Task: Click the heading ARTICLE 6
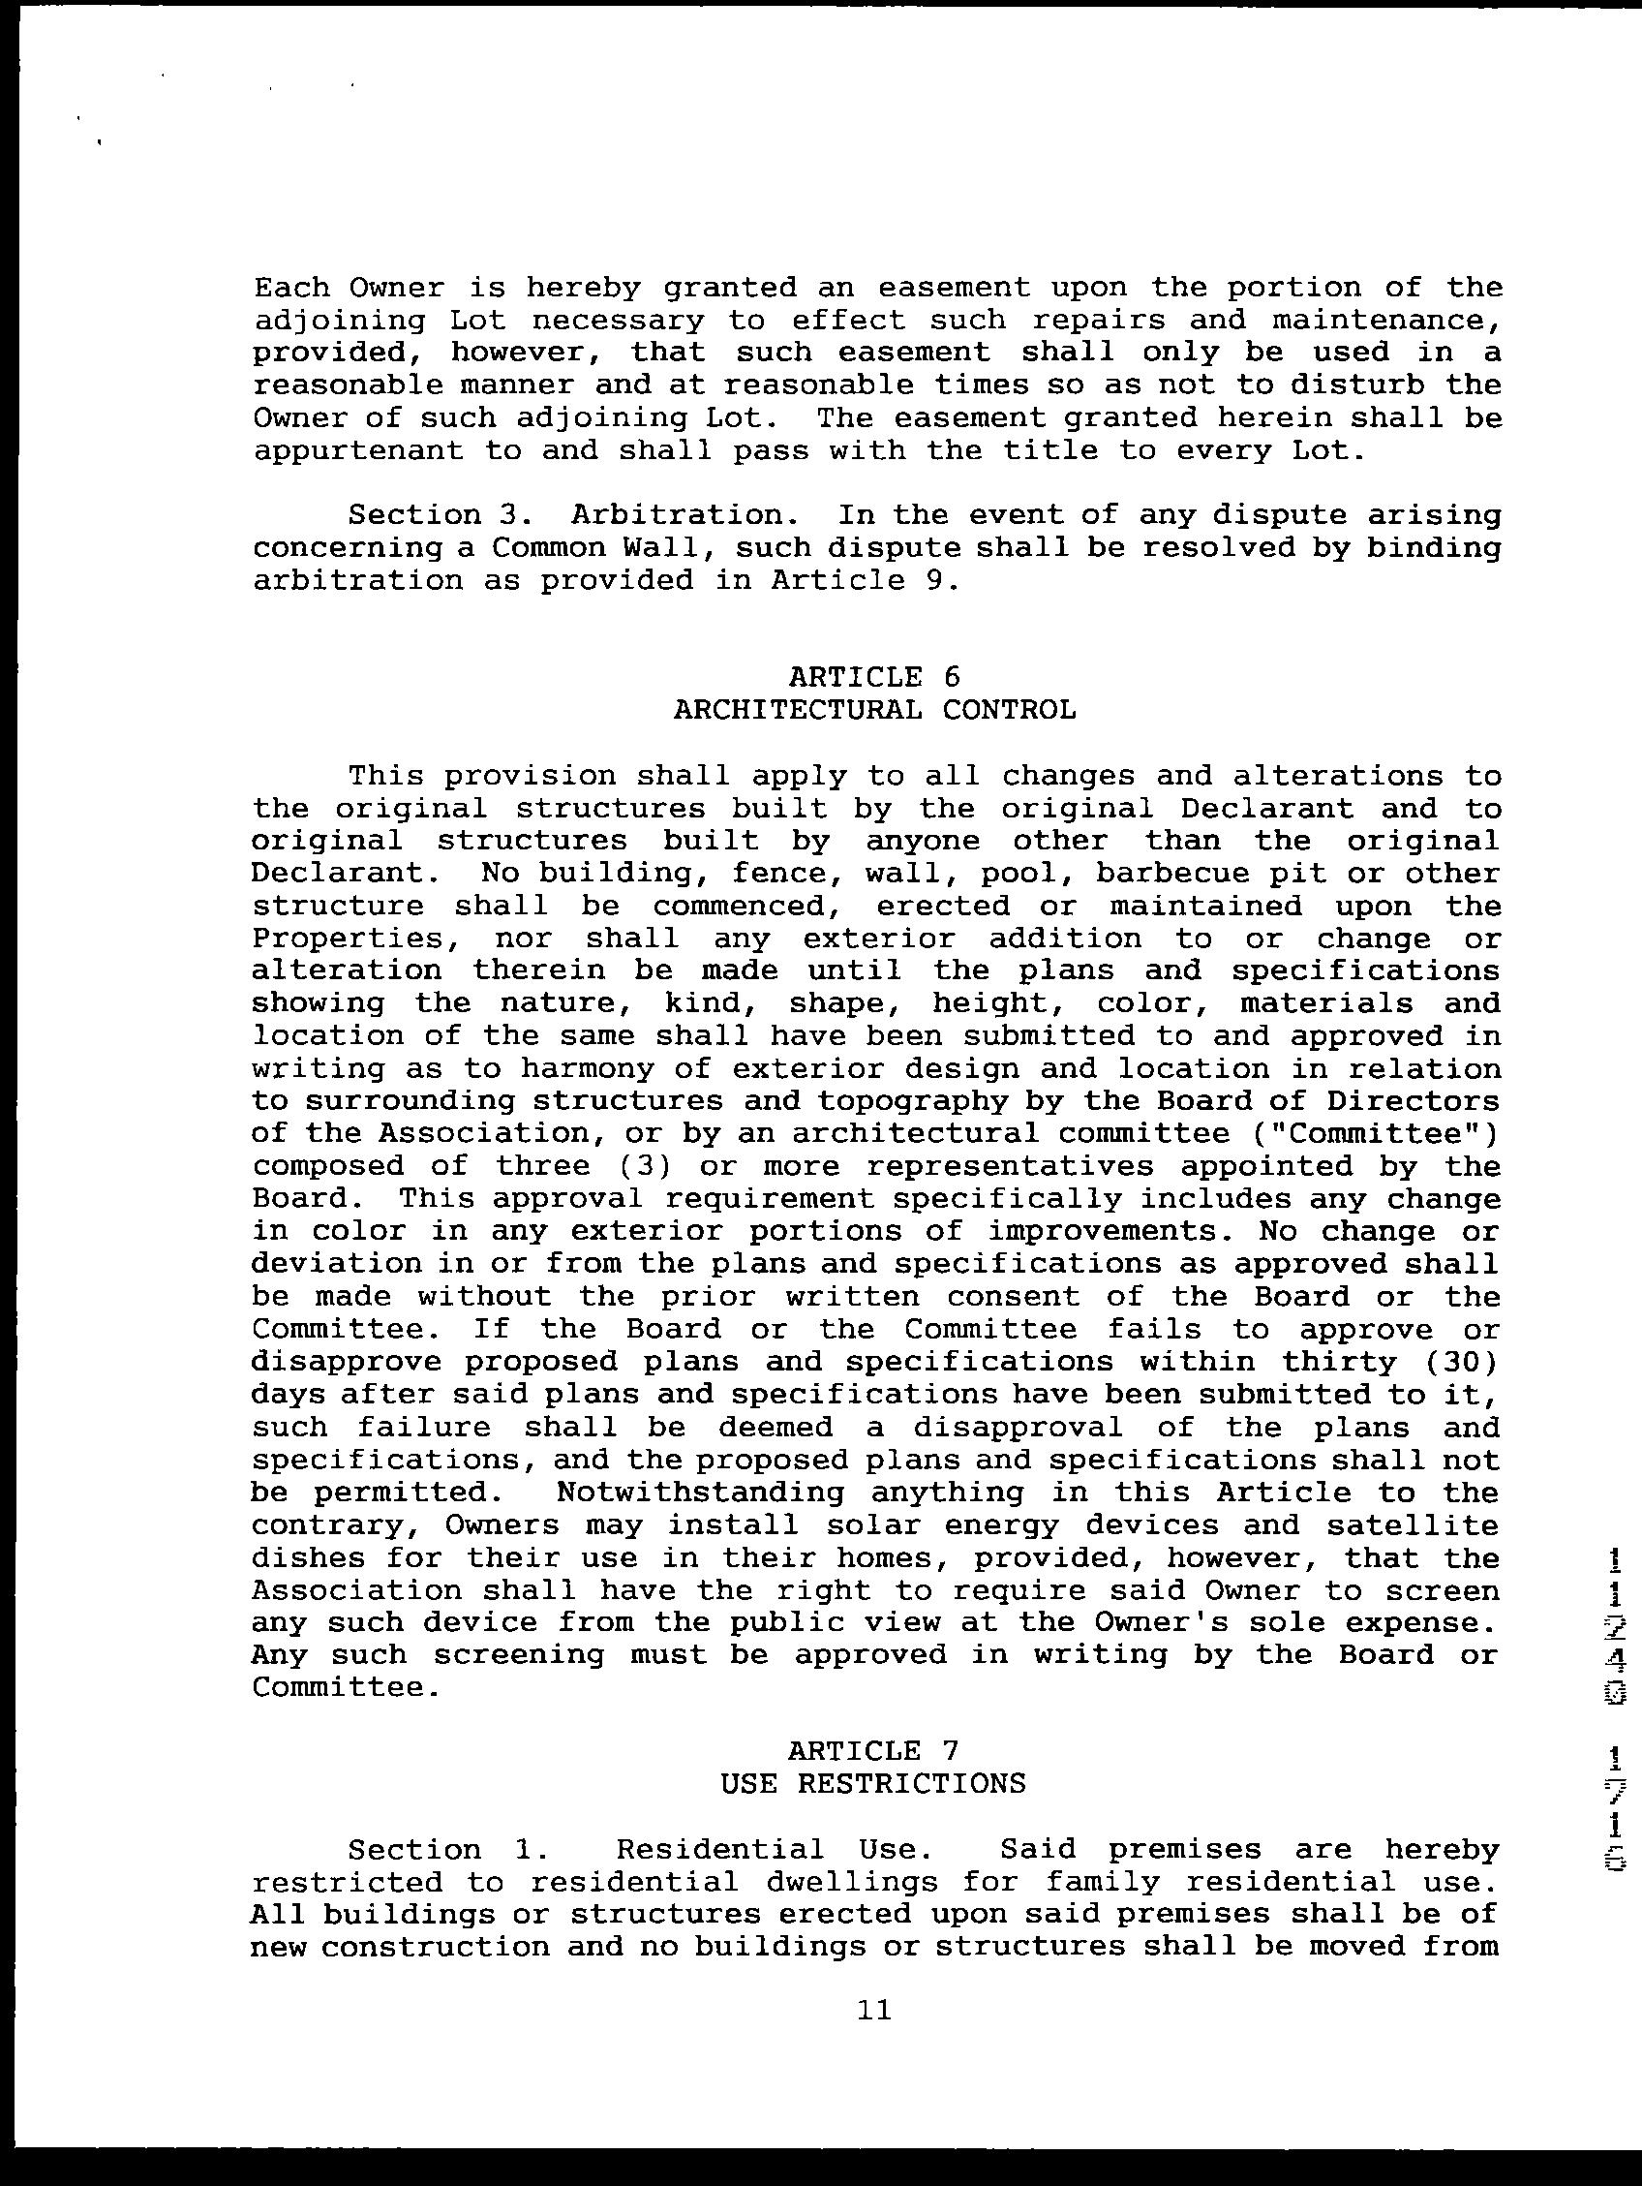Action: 873,677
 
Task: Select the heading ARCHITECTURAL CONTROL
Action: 874,710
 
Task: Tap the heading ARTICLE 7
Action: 873,1778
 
